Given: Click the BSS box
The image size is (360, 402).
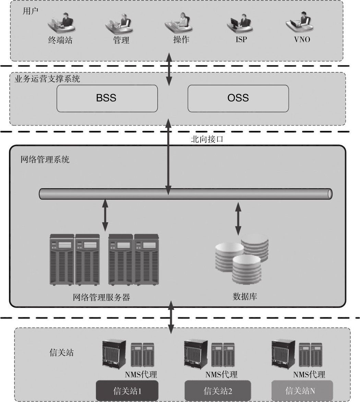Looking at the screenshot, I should [107, 98].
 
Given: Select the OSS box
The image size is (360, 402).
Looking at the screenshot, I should [238, 98].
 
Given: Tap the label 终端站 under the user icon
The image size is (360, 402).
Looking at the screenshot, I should [60, 40].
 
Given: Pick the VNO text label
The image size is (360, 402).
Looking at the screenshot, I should [302, 39].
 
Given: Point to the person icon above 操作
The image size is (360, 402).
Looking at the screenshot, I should [181, 22].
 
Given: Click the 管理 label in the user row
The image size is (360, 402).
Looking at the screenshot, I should [121, 40].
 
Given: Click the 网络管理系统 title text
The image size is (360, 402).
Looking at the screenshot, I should [45, 159].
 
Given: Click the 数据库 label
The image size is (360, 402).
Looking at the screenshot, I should [245, 297].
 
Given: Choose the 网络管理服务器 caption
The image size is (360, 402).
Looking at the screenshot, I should [101, 297].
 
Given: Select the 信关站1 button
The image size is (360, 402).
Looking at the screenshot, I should [127, 390].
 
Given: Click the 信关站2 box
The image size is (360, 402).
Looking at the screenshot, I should [218, 390].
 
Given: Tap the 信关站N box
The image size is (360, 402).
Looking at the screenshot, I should [302, 390].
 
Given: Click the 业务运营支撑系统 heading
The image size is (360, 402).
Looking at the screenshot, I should [47, 79].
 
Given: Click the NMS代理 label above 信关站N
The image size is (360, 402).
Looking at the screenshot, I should [309, 374].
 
